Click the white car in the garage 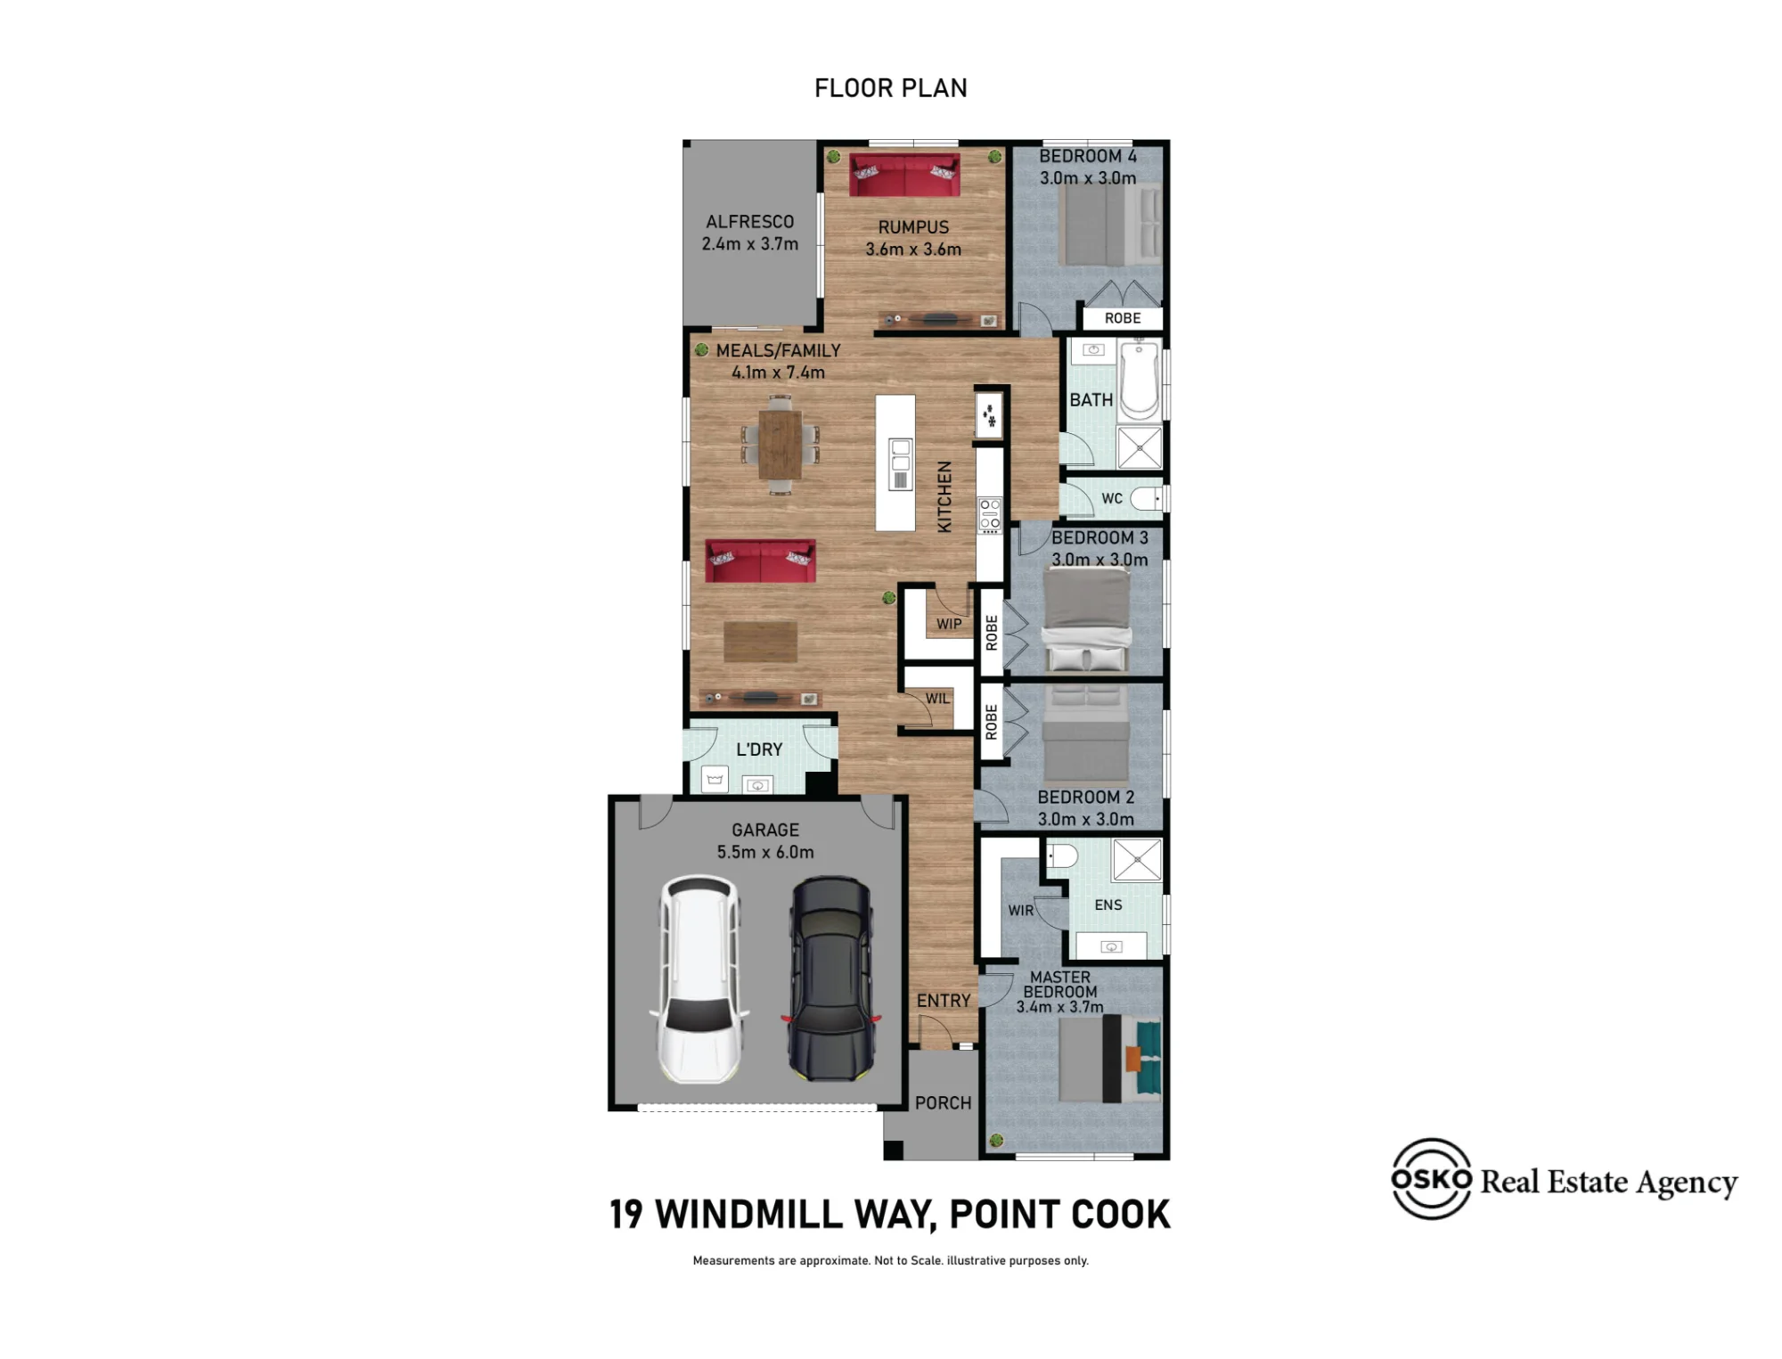(x=700, y=978)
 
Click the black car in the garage (x=831, y=978)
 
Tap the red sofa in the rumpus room (x=904, y=175)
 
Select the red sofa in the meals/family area (x=760, y=561)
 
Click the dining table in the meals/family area (x=781, y=445)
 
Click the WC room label (x=1112, y=498)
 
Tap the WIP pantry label (x=949, y=624)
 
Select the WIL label (x=937, y=699)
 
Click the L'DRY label (x=759, y=749)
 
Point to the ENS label (x=1108, y=905)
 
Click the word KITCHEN (x=944, y=496)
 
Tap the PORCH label (x=944, y=1102)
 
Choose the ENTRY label (x=944, y=1001)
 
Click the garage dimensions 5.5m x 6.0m (x=765, y=852)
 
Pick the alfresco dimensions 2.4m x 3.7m (x=750, y=243)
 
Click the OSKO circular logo (x=1431, y=1178)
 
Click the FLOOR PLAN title (x=891, y=87)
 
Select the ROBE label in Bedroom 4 (x=1123, y=318)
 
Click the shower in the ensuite (x=1138, y=860)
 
